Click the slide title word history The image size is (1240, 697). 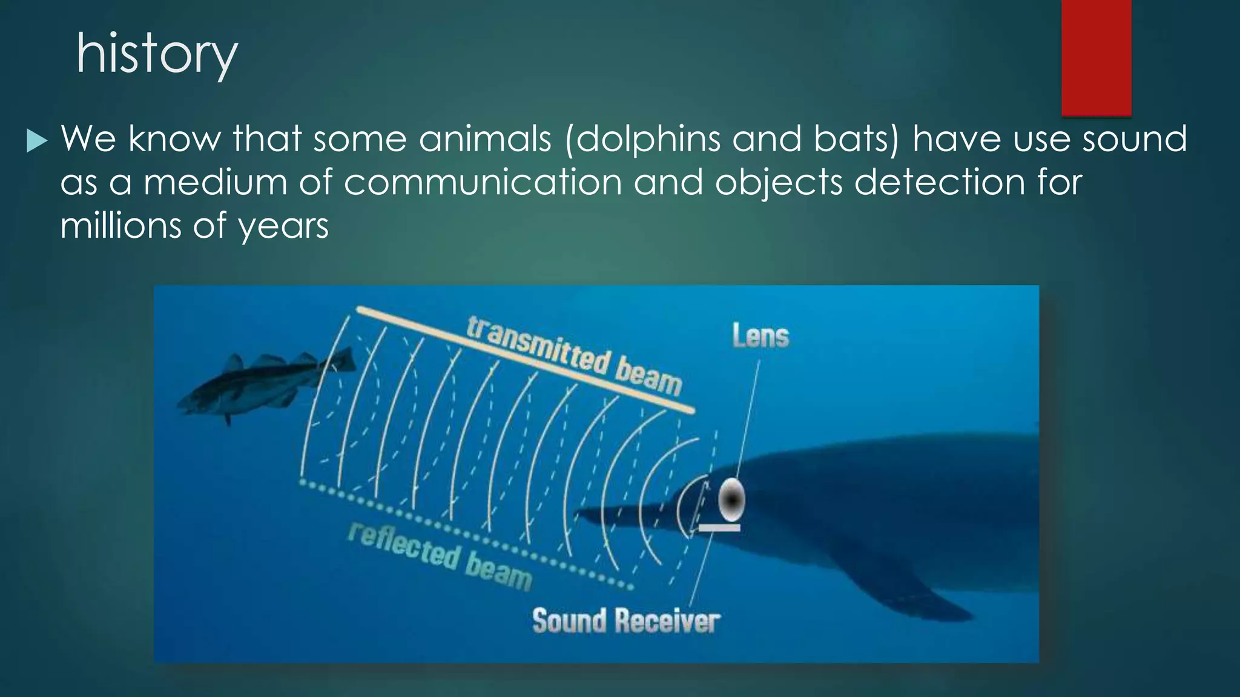pyautogui.click(x=157, y=54)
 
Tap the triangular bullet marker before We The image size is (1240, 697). pyautogui.click(x=37, y=142)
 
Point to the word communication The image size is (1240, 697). pyautogui.click(x=483, y=183)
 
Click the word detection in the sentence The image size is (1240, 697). pyautogui.click(x=939, y=183)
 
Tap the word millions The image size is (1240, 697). pyautogui.click(x=120, y=226)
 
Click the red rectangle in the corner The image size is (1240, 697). pyautogui.click(x=1096, y=57)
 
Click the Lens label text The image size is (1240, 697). pyautogui.click(x=760, y=336)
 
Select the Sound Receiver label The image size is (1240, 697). pyautogui.click(x=626, y=621)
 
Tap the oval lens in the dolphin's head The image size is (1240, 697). pyautogui.click(x=731, y=500)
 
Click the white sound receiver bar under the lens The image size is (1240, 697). pyautogui.click(x=719, y=528)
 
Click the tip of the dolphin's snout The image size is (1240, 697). pyautogui.click(x=578, y=515)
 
